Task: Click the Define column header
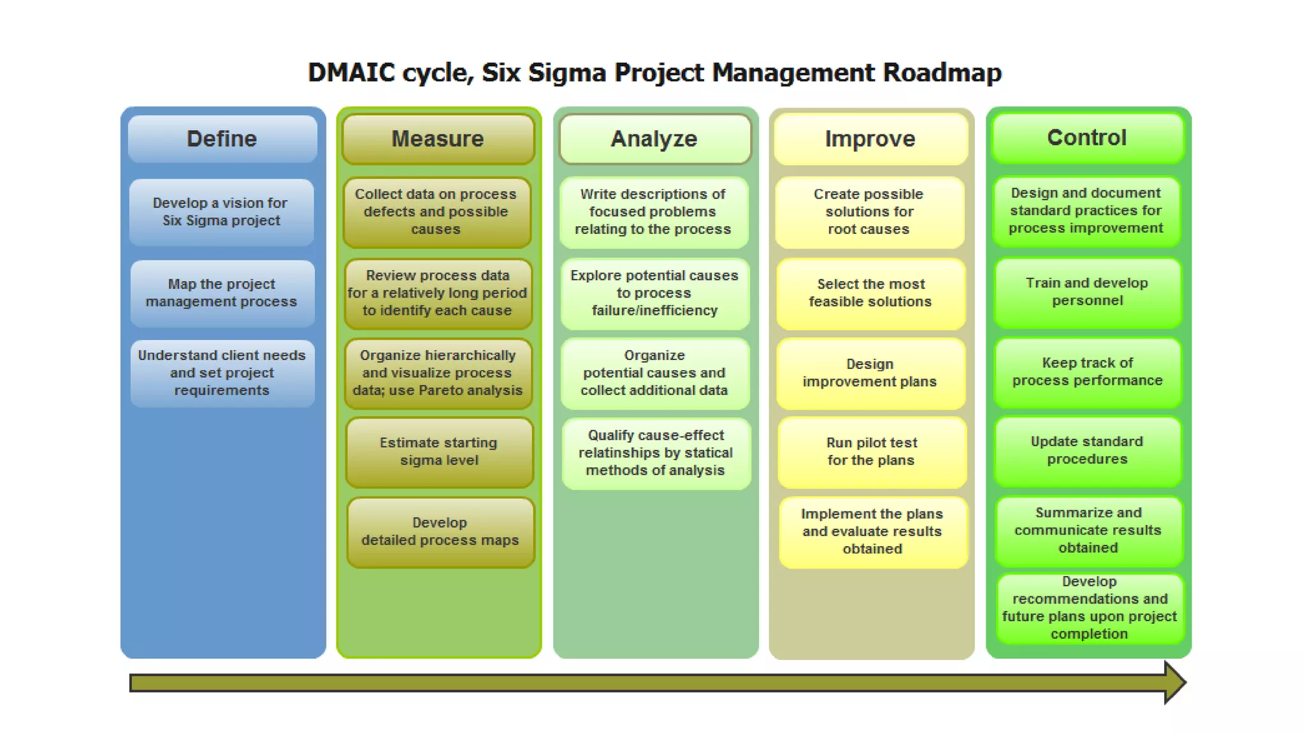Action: (x=222, y=139)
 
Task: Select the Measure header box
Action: (x=438, y=139)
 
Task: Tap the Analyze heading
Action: (x=654, y=139)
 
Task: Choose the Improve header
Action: (x=870, y=139)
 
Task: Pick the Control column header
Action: (x=1087, y=138)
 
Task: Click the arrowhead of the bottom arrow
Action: (x=1174, y=682)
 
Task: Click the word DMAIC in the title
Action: (x=352, y=73)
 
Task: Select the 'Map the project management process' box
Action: (x=222, y=293)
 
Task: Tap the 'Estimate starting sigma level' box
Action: (x=439, y=452)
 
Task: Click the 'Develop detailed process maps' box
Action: (x=440, y=531)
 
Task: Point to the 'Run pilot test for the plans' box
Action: (x=871, y=452)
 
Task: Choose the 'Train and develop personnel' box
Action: (x=1087, y=292)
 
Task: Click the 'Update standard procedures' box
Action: (x=1087, y=450)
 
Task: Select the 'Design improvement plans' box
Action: (x=870, y=373)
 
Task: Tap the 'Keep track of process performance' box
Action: (x=1087, y=371)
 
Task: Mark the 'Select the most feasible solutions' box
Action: (x=870, y=293)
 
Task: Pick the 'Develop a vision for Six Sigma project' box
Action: (x=221, y=212)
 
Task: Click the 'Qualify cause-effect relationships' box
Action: (x=656, y=453)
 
